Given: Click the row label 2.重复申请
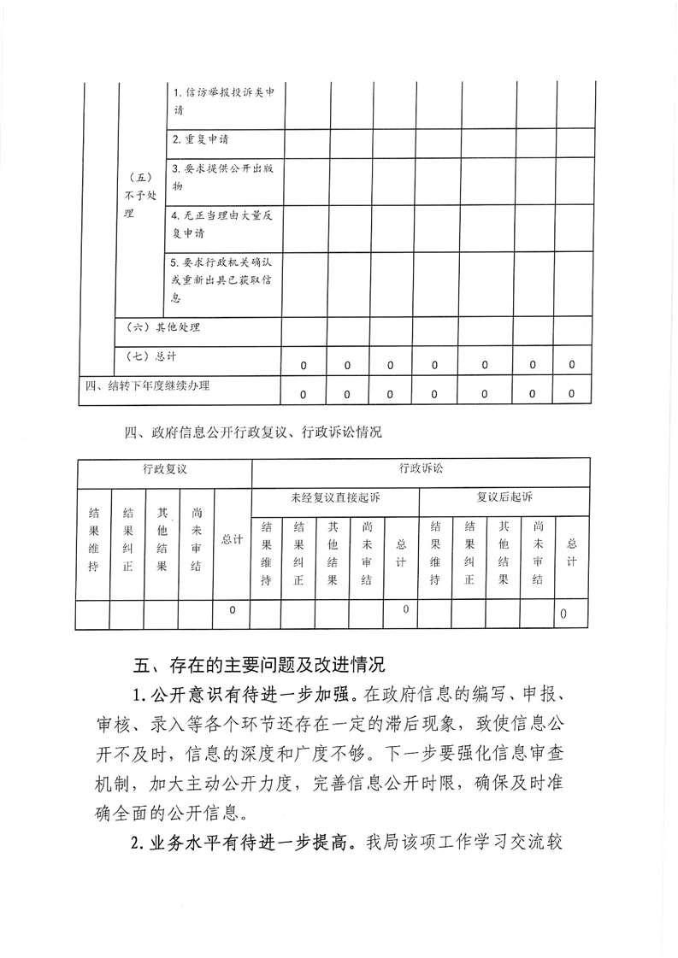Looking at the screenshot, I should pyautogui.click(x=200, y=139).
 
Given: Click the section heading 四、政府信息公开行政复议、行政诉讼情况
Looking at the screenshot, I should pyautogui.click(x=252, y=432).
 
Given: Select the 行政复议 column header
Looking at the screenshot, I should pyautogui.click(x=164, y=469).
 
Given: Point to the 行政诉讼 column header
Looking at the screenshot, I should pyautogui.click(x=421, y=469).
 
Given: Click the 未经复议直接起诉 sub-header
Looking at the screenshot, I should pyautogui.click(x=335, y=497).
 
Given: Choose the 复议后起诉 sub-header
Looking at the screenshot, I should pyautogui.click(x=504, y=497).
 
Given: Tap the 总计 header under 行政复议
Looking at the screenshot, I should pyautogui.click(x=232, y=539).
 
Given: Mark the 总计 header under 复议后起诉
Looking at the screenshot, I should pyautogui.click(x=572, y=552).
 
